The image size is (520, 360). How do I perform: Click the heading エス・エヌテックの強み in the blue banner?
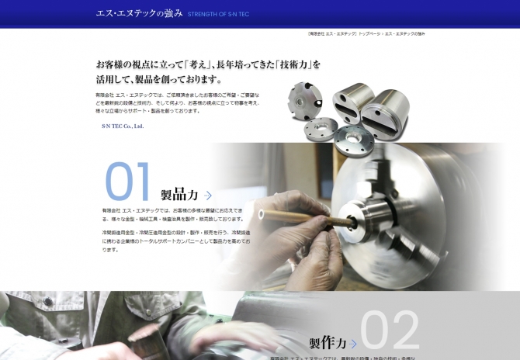[139, 13]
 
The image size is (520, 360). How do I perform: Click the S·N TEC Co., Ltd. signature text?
[122, 126]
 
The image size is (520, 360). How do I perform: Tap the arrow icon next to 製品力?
[208, 196]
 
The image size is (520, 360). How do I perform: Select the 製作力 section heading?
[328, 342]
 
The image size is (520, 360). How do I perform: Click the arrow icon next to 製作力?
[354, 343]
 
